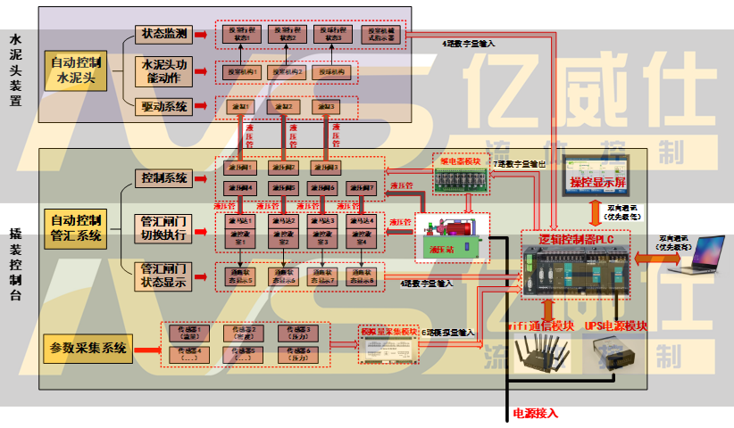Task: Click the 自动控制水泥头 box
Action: (76, 70)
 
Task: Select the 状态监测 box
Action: (164, 34)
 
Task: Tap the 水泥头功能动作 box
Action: (164, 70)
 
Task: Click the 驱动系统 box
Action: (164, 107)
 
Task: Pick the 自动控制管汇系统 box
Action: (76, 229)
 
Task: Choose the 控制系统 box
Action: (164, 178)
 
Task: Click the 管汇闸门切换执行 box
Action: (164, 229)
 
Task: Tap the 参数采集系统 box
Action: (87, 346)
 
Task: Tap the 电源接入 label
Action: (535, 414)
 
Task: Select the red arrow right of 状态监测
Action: (203, 34)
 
